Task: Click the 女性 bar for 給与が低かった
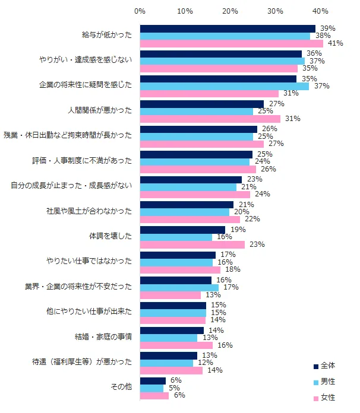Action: [x=232, y=43]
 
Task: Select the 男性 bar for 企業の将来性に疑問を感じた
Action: [x=225, y=86]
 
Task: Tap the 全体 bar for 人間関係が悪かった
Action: [x=201, y=104]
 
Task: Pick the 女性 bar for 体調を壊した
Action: [x=192, y=244]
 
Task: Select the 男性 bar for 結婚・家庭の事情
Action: [x=169, y=338]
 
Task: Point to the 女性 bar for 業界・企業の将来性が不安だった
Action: [x=170, y=295]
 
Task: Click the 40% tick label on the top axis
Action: [x=321, y=11]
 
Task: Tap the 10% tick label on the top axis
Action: [x=185, y=11]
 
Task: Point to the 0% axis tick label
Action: [x=140, y=11]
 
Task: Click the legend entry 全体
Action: [x=327, y=366]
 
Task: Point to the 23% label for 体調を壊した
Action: [x=257, y=244]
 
